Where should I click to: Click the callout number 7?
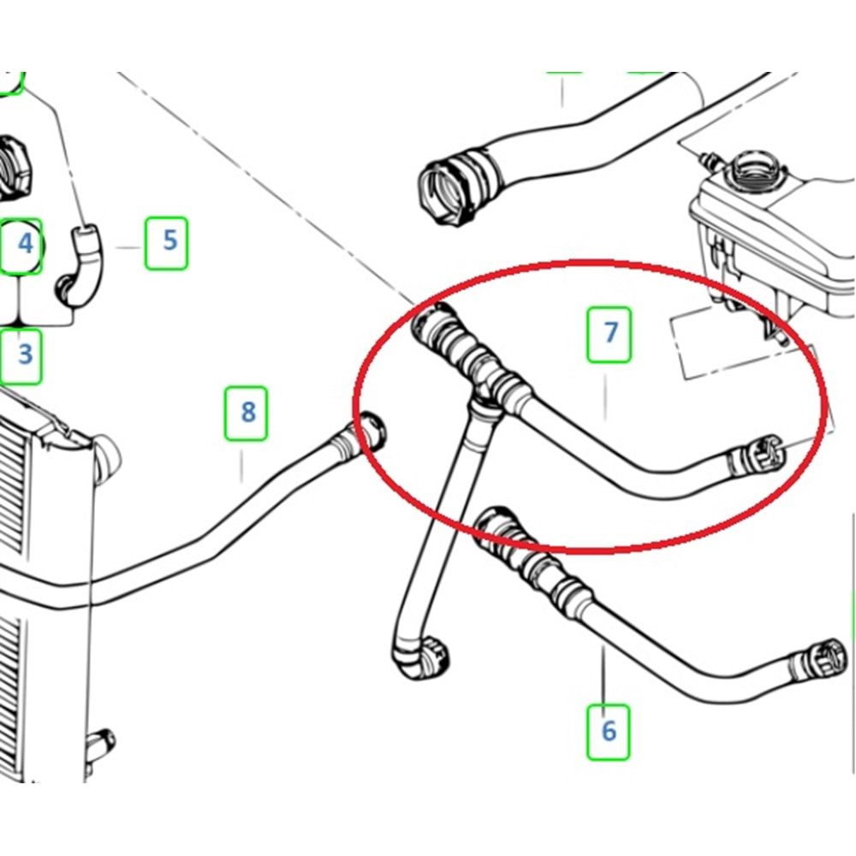[609, 333]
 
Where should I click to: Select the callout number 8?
[247, 413]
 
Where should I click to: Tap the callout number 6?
[608, 730]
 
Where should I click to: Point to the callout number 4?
[24, 244]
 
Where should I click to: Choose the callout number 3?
[23, 353]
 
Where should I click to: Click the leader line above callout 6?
[603, 676]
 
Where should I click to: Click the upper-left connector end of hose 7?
[431, 324]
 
